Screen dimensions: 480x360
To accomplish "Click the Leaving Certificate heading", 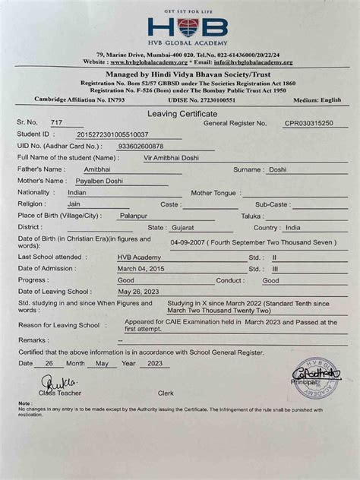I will click(x=179, y=111).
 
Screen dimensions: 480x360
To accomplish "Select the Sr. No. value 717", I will click(x=56, y=123).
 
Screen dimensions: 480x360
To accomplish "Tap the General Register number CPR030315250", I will click(x=314, y=122).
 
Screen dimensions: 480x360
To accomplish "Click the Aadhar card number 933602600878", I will click(x=141, y=146).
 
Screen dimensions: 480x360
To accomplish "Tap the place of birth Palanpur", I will click(x=131, y=216).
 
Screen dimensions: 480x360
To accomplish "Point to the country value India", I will click(x=292, y=228).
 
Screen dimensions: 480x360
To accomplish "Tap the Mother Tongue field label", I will click(x=213, y=194).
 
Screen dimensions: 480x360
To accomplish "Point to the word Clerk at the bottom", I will click(x=166, y=393).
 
